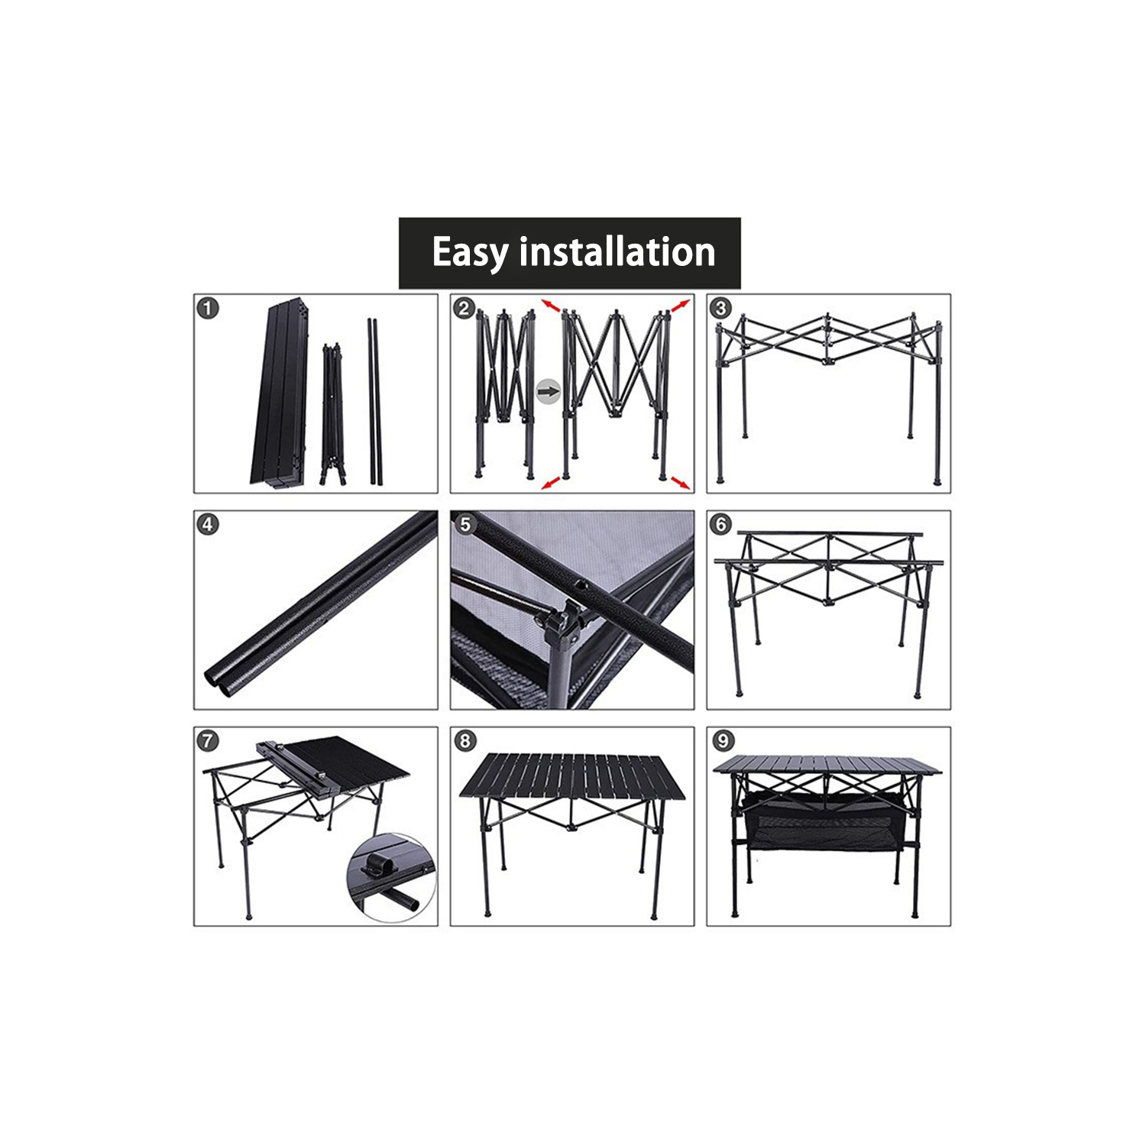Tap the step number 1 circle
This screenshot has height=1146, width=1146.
[x=208, y=309]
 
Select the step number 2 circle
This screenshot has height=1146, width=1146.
[x=465, y=309]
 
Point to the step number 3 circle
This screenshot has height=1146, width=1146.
[x=720, y=309]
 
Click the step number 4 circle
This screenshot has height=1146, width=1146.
[x=208, y=525]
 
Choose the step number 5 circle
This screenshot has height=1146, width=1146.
[x=465, y=525]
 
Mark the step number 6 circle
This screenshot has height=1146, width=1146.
[x=720, y=525]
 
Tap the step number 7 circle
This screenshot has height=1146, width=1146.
[x=208, y=741]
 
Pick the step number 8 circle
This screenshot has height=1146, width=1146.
[x=465, y=741]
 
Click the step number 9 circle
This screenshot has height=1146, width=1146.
[x=722, y=741]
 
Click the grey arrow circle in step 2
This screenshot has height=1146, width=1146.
[x=548, y=392]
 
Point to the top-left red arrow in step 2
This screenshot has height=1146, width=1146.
[x=551, y=305]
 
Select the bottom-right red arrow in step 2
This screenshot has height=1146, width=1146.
[x=681, y=483]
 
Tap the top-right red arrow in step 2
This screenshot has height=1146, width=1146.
[x=681, y=305]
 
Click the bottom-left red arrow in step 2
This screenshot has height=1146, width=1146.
[x=550, y=483]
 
